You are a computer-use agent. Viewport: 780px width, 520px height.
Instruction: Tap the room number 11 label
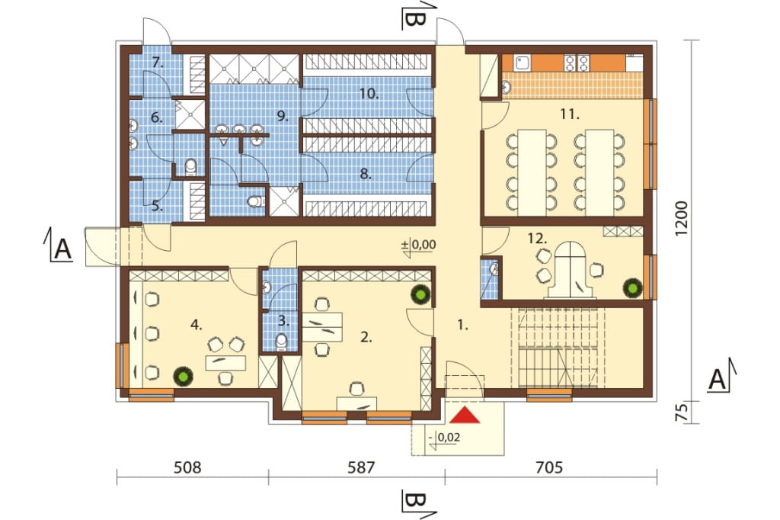(x=570, y=114)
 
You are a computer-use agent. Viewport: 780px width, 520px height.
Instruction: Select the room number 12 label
(x=537, y=239)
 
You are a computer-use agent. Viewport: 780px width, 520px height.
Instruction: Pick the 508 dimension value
(x=187, y=467)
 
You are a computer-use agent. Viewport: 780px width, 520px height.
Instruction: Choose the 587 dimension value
(x=360, y=467)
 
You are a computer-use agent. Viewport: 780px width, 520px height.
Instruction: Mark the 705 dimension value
(x=549, y=467)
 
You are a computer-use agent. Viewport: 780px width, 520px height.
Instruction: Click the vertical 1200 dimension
(x=682, y=218)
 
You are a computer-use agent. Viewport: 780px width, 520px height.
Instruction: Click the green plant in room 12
(x=634, y=287)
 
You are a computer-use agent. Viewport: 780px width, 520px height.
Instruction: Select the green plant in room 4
(x=183, y=376)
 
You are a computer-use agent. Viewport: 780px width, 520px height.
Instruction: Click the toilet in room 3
(x=282, y=342)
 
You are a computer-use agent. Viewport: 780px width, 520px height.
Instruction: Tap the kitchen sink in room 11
(x=522, y=63)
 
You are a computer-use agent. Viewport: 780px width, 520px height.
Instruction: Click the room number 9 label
(x=283, y=117)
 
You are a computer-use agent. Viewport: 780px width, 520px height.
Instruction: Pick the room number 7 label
(x=158, y=63)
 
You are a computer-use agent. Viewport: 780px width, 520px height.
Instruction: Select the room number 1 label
(x=462, y=326)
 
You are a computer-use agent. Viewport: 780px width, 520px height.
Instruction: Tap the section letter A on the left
(x=62, y=249)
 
